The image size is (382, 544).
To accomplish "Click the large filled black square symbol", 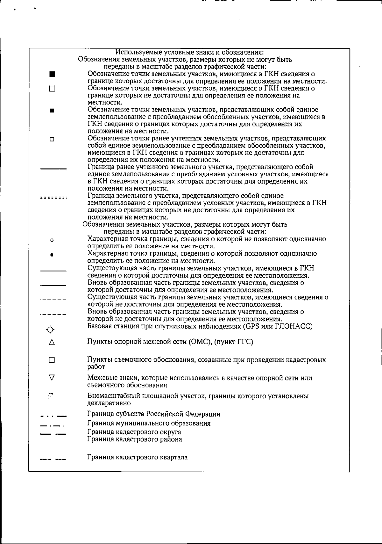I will click(53, 75).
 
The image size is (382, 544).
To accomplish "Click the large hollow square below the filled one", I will click(52, 89).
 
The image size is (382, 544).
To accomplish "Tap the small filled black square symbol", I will click(52, 111).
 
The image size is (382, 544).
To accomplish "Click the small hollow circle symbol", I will click(52, 240).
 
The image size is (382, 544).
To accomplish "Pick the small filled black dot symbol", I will click(52, 255).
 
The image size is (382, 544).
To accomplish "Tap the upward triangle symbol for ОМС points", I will click(52, 343).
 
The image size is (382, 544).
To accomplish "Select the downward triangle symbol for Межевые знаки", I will click(52, 378).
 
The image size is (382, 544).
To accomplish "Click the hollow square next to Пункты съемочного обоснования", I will click(52, 360).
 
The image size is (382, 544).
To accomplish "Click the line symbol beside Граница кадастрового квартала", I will click(53, 460).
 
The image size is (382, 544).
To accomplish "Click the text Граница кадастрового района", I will click(135, 439).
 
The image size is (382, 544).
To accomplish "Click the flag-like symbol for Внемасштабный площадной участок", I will click(51, 396).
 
